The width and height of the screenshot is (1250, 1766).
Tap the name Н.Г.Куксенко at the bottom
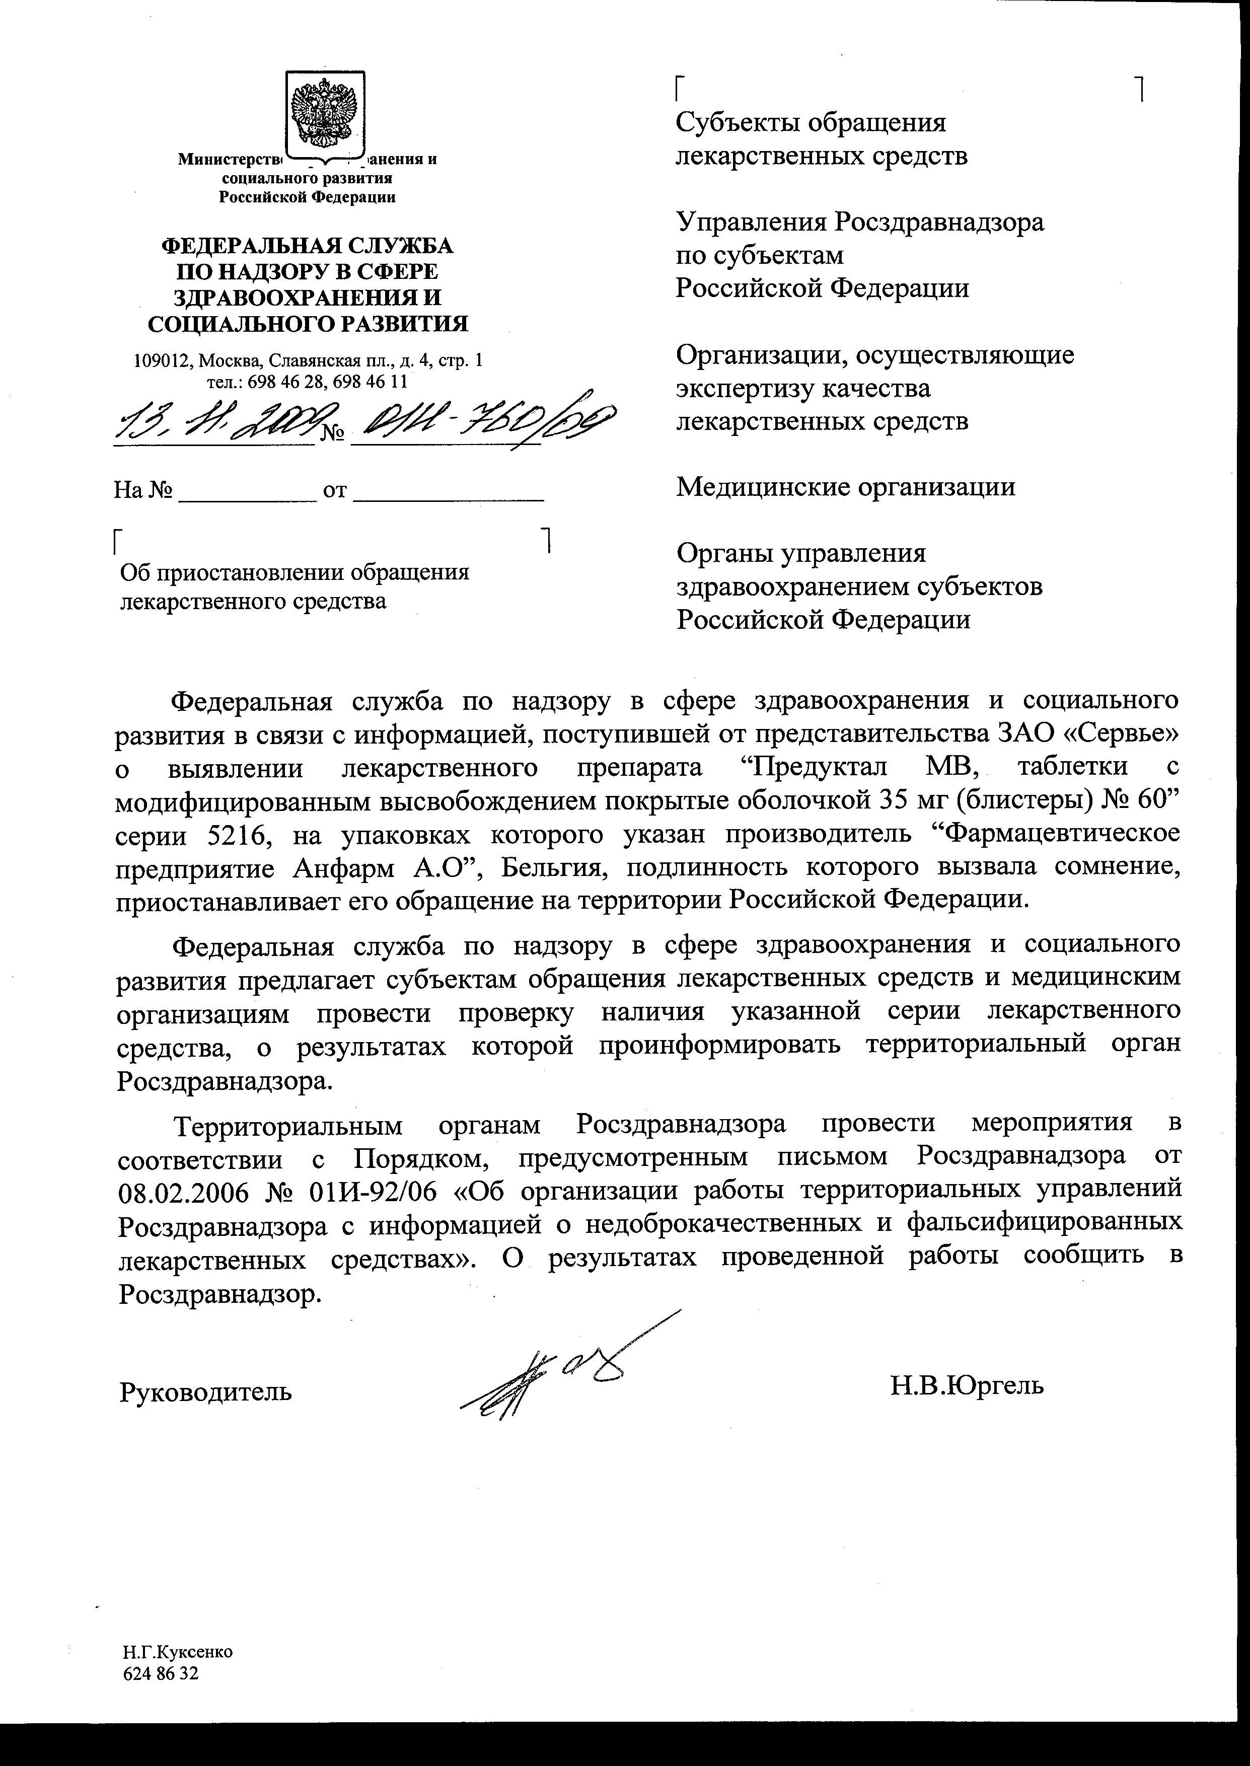pos(177,1652)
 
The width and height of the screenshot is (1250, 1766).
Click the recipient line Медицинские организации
pos(845,487)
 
